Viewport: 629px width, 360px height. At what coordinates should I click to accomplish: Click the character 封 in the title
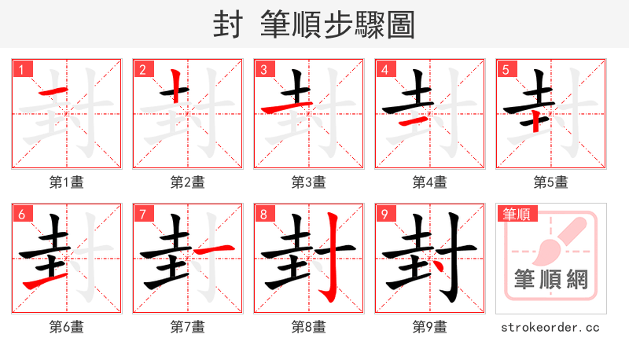pyautogui.click(x=228, y=25)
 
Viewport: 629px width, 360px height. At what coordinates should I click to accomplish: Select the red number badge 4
pyautogui.click(x=384, y=69)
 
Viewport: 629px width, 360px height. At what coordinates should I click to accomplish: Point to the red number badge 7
pyautogui.click(x=142, y=214)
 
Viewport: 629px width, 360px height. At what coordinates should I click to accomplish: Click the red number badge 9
pyautogui.click(x=384, y=214)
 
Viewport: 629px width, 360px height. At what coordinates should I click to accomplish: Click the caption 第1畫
pyautogui.click(x=67, y=182)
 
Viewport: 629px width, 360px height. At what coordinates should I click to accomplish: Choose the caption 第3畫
pyautogui.click(x=308, y=182)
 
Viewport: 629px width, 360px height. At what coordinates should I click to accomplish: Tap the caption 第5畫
pyautogui.click(x=550, y=182)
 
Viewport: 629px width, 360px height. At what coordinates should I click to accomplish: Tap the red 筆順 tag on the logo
pyautogui.click(x=516, y=214)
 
